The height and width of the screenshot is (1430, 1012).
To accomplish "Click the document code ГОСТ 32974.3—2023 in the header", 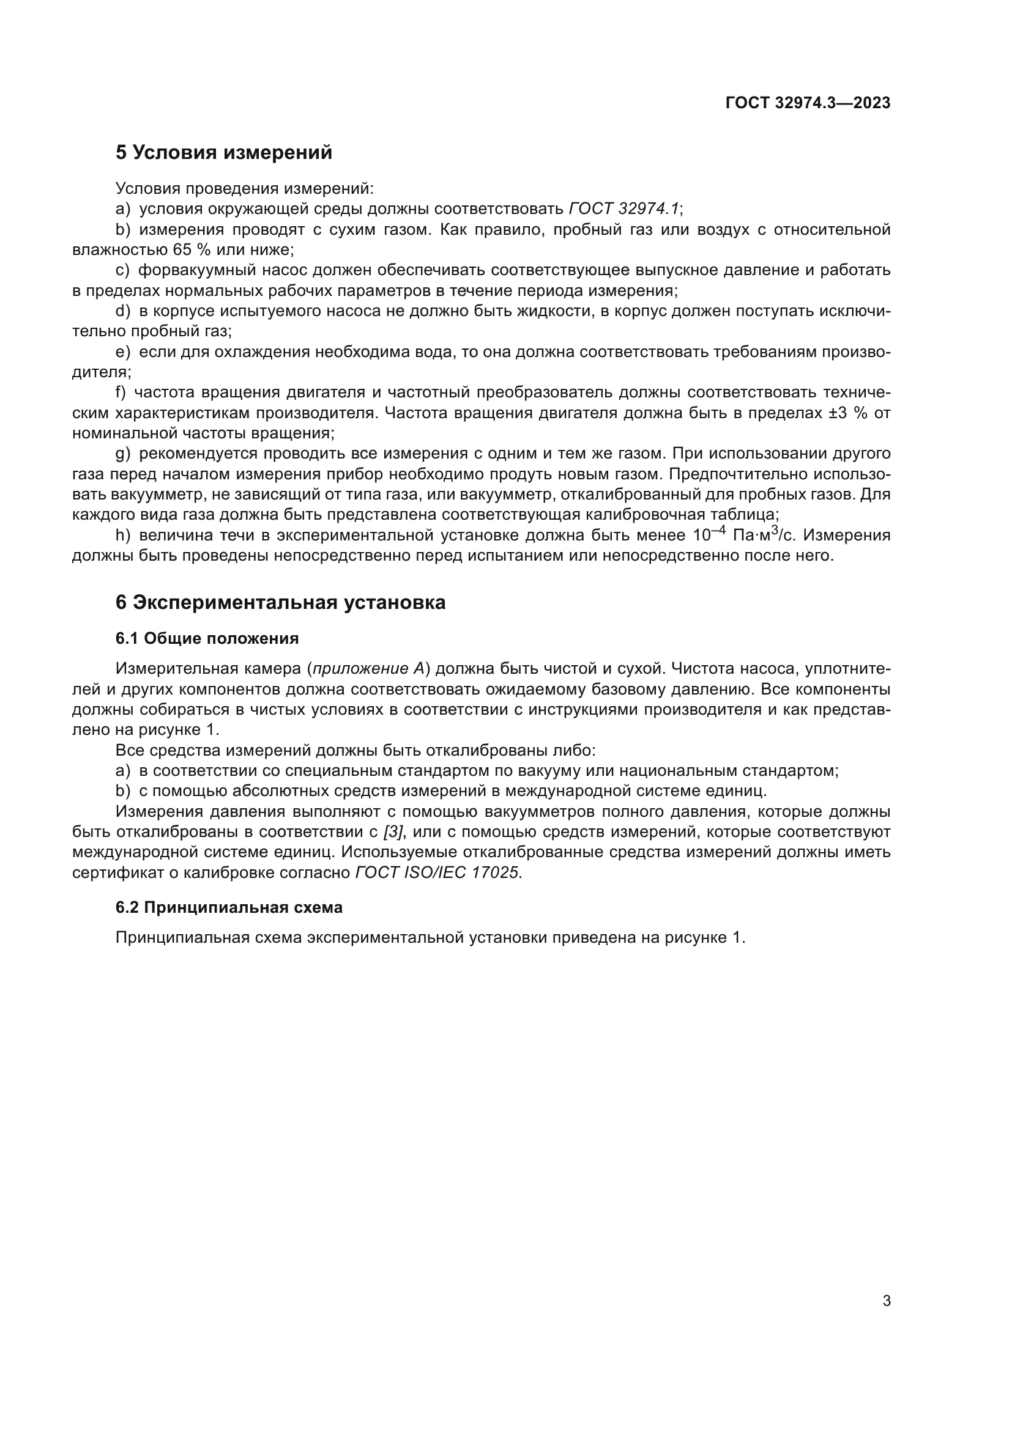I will tap(808, 103).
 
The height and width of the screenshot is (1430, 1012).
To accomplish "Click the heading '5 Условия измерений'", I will tap(224, 153).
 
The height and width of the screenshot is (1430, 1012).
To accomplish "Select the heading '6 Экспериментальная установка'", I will tap(280, 602).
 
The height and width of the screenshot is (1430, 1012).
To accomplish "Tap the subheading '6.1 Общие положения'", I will tap(207, 638).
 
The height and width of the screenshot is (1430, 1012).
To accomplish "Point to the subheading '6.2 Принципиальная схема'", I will tap(229, 907).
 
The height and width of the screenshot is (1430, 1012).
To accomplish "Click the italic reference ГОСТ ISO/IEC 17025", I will tap(436, 872).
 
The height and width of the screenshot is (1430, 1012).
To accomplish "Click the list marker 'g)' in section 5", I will tap(123, 454).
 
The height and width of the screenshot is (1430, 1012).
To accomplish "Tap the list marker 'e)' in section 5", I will tap(123, 352).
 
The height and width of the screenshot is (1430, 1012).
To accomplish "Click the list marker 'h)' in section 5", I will tap(123, 535).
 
